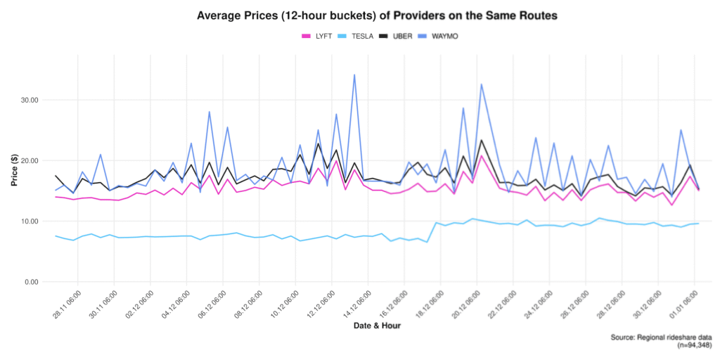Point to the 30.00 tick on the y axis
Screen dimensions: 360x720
point(29,100)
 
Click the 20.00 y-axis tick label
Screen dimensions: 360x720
point(29,160)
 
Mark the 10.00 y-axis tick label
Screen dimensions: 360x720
point(29,221)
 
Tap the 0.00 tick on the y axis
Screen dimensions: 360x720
point(31,282)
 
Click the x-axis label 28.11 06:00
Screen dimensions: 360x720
point(67,304)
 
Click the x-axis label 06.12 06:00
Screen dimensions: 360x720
point(212,304)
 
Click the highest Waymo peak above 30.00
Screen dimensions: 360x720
point(354,75)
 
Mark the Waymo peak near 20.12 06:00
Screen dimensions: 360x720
point(482,84)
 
